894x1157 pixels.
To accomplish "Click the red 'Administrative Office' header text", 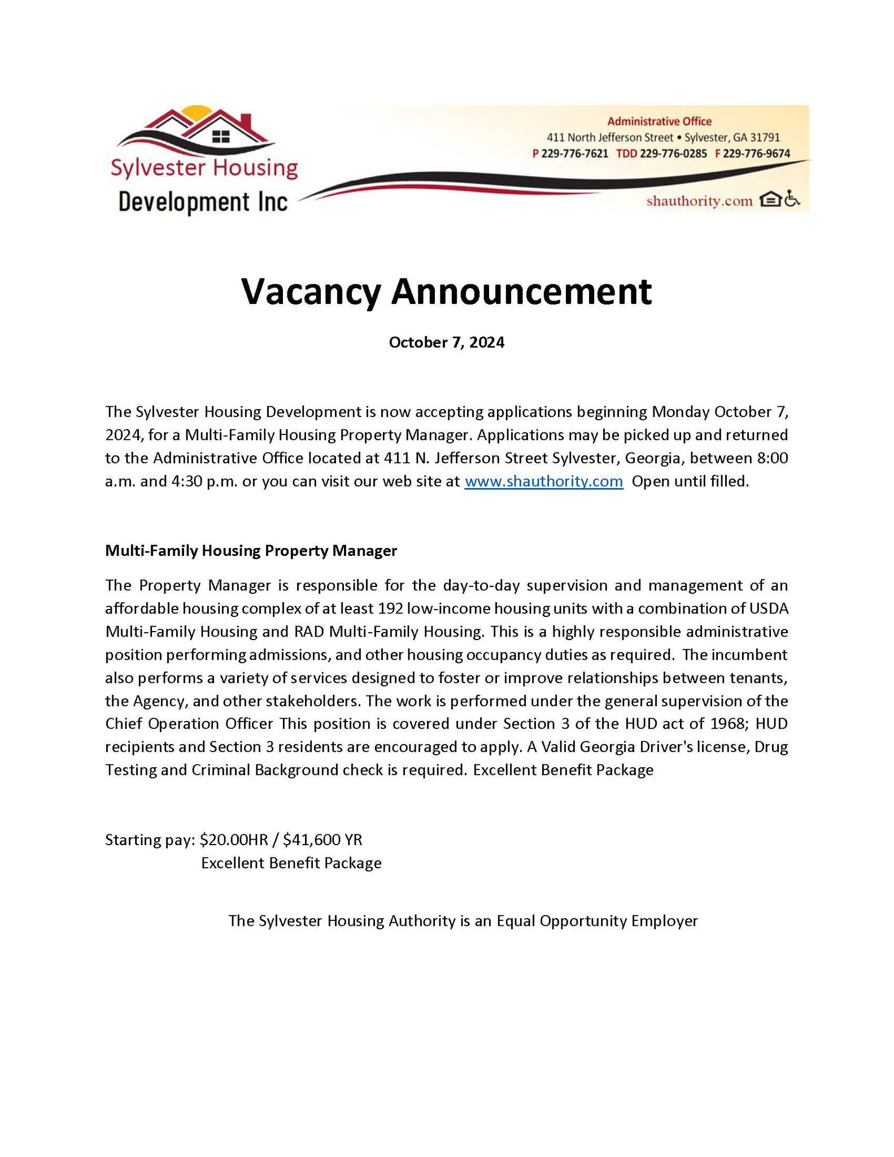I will tap(659, 121).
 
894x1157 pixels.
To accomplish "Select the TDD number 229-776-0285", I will tap(673, 154).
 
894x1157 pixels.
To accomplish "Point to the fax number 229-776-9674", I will tap(756, 154).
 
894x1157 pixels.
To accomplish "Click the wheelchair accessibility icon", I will tap(792, 200).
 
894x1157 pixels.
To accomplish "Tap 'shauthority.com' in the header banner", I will tap(699, 201).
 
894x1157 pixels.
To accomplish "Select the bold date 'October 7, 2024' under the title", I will tap(446, 342).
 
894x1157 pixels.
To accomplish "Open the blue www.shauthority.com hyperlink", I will tap(543, 481).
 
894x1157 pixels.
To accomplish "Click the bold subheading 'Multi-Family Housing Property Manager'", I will tap(251, 551).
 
